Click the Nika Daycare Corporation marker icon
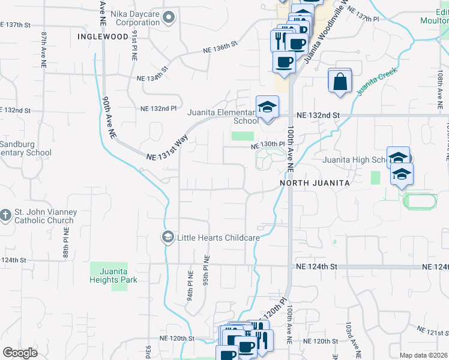point(168,17)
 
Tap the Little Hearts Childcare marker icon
point(167,238)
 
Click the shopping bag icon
point(340,82)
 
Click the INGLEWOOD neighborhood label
point(103,37)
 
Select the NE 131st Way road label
point(168,148)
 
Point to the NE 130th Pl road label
point(267,145)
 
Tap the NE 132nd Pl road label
point(158,109)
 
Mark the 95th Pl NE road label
point(205,271)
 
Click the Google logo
point(20,353)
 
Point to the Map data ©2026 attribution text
point(423,355)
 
